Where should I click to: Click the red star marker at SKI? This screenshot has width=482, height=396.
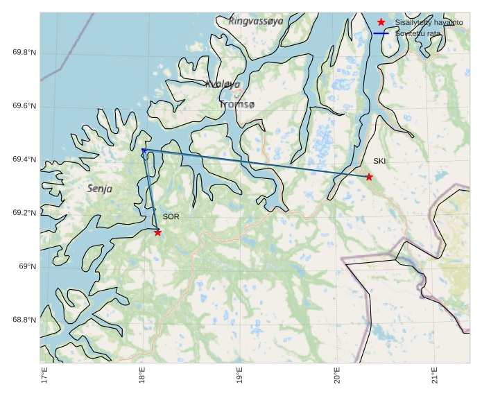(369, 177)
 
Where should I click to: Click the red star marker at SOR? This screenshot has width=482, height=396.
(158, 232)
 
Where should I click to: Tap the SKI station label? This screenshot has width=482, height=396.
(379, 161)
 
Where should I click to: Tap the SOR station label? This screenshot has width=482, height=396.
(171, 217)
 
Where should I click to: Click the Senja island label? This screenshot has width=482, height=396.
(100, 188)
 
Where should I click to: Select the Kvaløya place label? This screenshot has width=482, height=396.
(223, 84)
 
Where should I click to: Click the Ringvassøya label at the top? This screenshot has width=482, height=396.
(255, 21)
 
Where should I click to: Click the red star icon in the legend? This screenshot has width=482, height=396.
(381, 23)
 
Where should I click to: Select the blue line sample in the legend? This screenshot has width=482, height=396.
(381, 33)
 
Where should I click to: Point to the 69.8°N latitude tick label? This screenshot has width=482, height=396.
(24, 53)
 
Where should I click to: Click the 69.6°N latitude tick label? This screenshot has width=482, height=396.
(24, 106)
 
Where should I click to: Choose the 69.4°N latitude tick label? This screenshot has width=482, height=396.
(24, 160)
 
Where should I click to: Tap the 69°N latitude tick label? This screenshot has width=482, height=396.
(28, 266)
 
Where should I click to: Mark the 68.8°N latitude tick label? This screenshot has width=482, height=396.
(24, 320)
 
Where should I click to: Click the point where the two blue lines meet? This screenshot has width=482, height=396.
(143, 150)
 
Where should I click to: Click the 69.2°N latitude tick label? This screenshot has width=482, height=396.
(24, 213)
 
